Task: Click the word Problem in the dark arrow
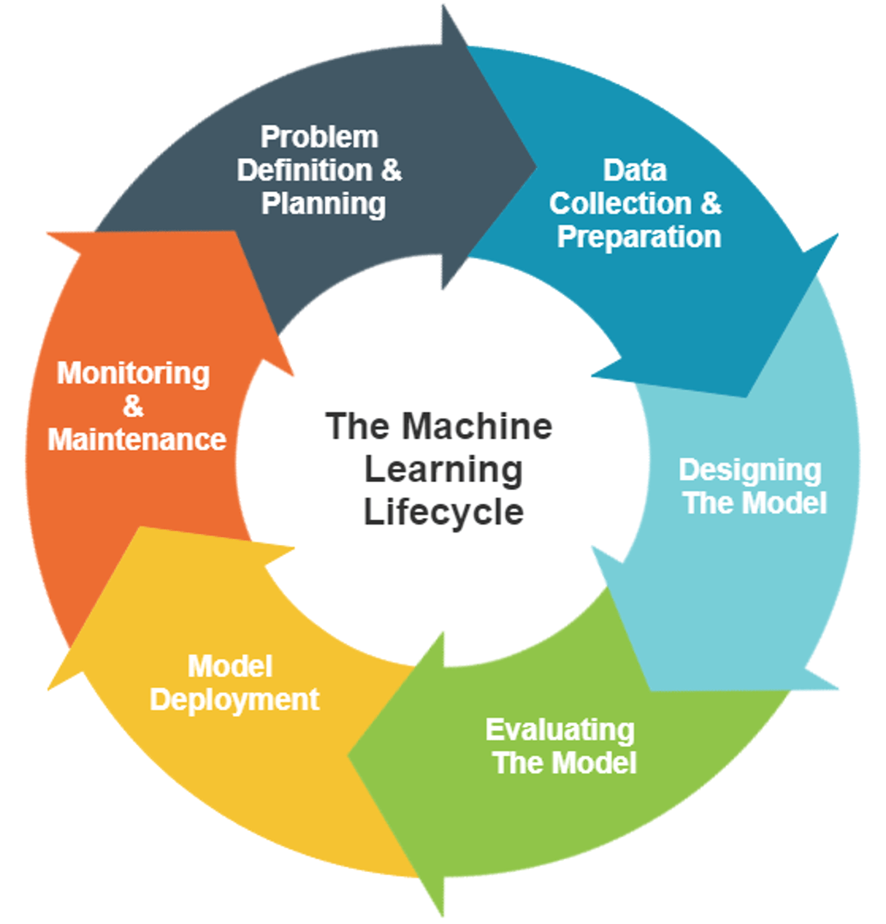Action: pyautogui.click(x=319, y=137)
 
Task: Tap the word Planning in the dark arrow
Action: pyautogui.click(x=324, y=204)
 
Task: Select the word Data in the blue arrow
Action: pyautogui.click(x=635, y=171)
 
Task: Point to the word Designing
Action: pyautogui.click(x=749, y=470)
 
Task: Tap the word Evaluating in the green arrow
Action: pyautogui.click(x=559, y=730)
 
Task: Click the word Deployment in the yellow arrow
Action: pyautogui.click(x=234, y=700)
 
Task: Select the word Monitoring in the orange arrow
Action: pyautogui.click(x=133, y=374)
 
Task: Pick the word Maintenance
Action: pyautogui.click(x=137, y=440)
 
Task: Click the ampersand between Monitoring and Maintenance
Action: pyautogui.click(x=133, y=406)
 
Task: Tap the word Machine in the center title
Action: pyautogui.click(x=477, y=426)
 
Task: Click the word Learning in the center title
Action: pyautogui.click(x=443, y=470)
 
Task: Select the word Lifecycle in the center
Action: pyautogui.click(x=443, y=512)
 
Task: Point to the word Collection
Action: pyautogui.click(x=620, y=204)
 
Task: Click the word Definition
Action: pyautogui.click(x=304, y=171)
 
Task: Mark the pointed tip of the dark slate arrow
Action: pyautogui.click(x=535, y=164)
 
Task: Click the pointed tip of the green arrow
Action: pyautogui.click(x=350, y=756)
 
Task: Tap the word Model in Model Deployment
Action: pyautogui.click(x=230, y=667)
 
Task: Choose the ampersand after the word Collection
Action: pyautogui.click(x=711, y=204)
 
